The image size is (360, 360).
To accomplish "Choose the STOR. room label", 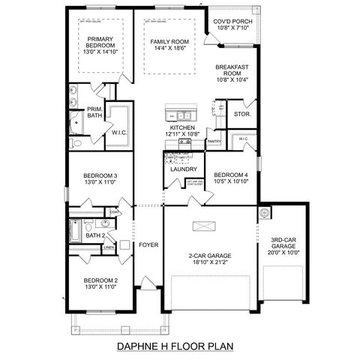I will pyautogui.click(x=241, y=115).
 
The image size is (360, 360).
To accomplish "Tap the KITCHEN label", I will pyautogui.click(x=182, y=128).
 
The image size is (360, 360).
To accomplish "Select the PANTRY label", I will pyautogui.click(x=213, y=140).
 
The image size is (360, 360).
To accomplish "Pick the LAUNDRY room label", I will pyautogui.click(x=183, y=169).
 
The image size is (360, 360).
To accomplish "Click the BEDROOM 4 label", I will pyautogui.click(x=229, y=174).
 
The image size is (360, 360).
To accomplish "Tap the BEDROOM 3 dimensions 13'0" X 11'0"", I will pyautogui.click(x=100, y=182).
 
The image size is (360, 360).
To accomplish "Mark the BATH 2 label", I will pyautogui.click(x=94, y=235).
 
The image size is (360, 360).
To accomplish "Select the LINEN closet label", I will pyautogui.click(x=109, y=247).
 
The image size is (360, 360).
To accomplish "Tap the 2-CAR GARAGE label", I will pyautogui.click(x=209, y=256).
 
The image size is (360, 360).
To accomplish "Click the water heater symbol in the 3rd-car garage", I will pyautogui.click(x=264, y=213).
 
